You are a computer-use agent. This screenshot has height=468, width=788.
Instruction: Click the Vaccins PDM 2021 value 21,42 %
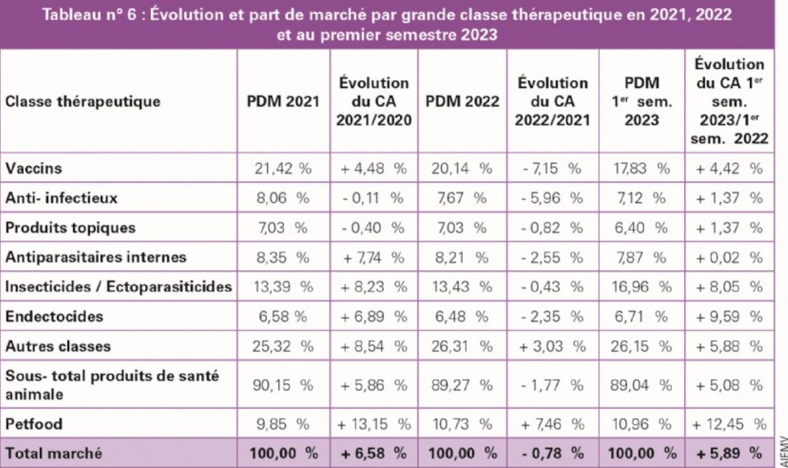coord(284,169)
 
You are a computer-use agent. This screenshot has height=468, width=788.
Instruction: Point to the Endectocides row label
coord(45,316)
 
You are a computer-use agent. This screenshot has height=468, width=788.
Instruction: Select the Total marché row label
coord(53,453)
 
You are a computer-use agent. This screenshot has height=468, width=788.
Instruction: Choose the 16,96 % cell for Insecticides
coord(642,287)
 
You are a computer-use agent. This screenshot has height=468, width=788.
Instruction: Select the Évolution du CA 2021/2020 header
coord(373,101)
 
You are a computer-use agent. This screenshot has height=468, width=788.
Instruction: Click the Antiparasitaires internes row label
coord(96,257)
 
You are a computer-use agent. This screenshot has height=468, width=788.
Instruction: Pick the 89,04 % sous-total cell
coord(642,384)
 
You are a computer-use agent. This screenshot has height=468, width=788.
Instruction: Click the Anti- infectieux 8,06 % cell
coord(284,198)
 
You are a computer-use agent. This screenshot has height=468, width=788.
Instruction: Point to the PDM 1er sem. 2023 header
coord(642,101)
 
